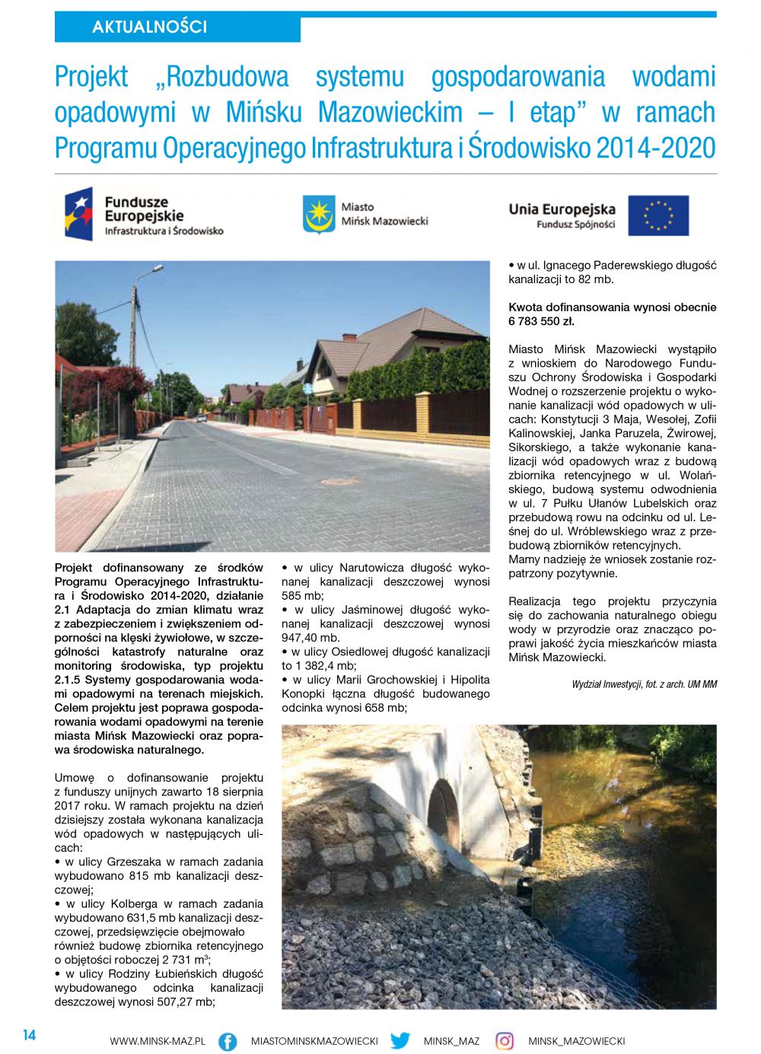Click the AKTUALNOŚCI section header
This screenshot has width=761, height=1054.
coord(149,27)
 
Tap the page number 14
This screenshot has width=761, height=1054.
coord(29,1035)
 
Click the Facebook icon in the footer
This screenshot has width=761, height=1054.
coord(228,1041)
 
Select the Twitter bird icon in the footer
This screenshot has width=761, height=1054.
coord(400,1040)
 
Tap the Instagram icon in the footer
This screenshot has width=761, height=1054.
coord(505,1040)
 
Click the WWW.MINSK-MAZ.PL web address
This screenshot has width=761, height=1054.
coord(158,1041)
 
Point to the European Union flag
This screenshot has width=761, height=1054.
coord(658,215)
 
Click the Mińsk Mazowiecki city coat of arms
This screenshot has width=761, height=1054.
coord(319,215)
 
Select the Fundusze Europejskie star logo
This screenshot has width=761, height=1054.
coord(79,214)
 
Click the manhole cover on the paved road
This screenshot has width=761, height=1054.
coord(338,481)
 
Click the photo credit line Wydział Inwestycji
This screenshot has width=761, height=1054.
coord(644,684)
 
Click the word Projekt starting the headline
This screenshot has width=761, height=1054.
coord(91,77)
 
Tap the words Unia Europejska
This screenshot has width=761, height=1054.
coord(562,209)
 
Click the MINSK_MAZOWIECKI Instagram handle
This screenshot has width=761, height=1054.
coord(576,1041)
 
